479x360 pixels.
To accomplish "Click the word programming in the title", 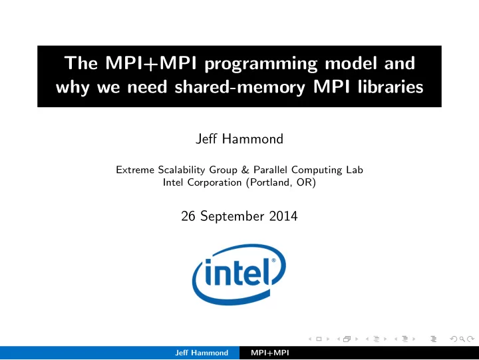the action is pyautogui.click(x=261, y=65).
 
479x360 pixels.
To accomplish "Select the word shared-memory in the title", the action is pyautogui.click(x=239, y=87).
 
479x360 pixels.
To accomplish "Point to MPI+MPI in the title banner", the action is pyautogui.click(x=151, y=63).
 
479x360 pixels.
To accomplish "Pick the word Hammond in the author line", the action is pyautogui.click(x=253, y=139).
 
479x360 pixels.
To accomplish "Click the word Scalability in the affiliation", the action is pyautogui.click(x=181, y=170).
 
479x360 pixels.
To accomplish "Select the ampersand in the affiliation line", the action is pyautogui.click(x=245, y=170).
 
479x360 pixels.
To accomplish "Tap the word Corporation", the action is pyautogui.click(x=214, y=182).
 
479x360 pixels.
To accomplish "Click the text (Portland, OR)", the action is pyautogui.click(x=281, y=182).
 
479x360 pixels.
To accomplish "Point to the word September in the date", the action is pyautogui.click(x=232, y=217).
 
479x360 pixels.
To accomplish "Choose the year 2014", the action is pyautogui.click(x=283, y=216).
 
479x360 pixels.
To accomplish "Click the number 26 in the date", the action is pyautogui.click(x=188, y=216).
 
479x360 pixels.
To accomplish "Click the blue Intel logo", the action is pyautogui.click(x=239, y=274).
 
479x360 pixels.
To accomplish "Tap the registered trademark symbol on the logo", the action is pyautogui.click(x=273, y=260).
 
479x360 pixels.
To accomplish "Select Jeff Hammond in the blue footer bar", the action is pyautogui.click(x=202, y=353).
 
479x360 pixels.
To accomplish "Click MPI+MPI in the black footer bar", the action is pyautogui.click(x=269, y=353).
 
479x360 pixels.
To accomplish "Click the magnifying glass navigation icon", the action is pyautogui.click(x=462, y=339).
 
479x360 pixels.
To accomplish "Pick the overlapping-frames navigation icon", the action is pyautogui.click(x=347, y=339).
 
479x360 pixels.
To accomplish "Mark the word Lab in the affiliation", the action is pyautogui.click(x=355, y=170).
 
